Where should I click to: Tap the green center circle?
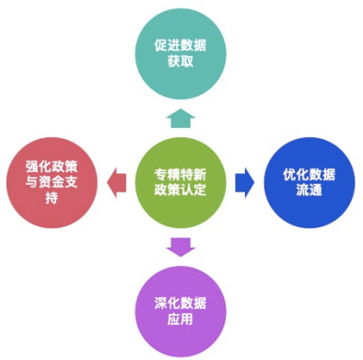pos(181,181)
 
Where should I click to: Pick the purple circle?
pos(181,309)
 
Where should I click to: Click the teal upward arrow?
pos(181,116)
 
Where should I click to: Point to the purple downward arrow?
pos(181,246)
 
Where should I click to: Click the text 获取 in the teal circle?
pos(181,61)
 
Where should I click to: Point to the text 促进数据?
pos(181,43)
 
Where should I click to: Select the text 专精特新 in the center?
pos(181,173)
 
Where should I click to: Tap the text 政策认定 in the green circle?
pos(181,191)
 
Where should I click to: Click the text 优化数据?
pos(309,174)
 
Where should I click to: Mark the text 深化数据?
pos(181,302)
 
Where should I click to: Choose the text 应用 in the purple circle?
pos(181,319)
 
